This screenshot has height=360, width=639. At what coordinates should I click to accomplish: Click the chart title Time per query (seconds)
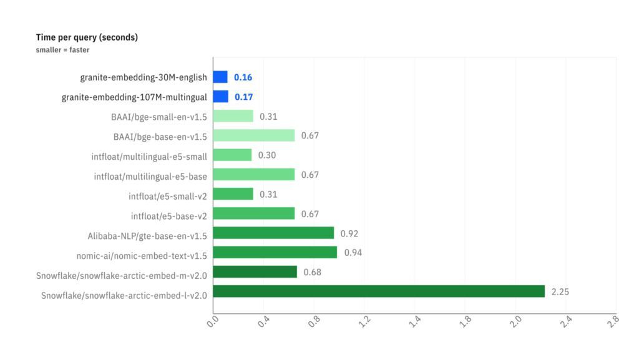click(x=87, y=37)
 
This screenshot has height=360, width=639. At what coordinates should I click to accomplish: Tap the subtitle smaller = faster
click(x=62, y=50)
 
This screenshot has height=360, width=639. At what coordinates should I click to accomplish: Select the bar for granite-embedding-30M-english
click(x=220, y=77)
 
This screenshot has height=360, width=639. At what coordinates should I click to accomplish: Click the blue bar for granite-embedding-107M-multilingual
click(x=221, y=97)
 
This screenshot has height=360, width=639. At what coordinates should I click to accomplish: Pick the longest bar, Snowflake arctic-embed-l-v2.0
click(x=379, y=291)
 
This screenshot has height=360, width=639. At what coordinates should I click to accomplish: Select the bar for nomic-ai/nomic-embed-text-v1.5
click(x=275, y=253)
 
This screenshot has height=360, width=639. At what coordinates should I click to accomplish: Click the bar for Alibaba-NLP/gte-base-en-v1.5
click(x=273, y=233)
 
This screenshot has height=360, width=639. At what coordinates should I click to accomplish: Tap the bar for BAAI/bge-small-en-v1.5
click(x=233, y=116)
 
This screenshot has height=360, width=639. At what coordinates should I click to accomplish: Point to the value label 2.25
click(x=560, y=291)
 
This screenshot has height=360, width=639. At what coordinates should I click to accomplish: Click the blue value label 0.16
click(x=243, y=77)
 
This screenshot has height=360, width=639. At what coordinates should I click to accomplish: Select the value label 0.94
click(x=353, y=253)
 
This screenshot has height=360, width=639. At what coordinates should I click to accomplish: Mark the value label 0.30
click(x=267, y=155)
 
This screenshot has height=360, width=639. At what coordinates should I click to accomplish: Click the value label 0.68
click(x=312, y=272)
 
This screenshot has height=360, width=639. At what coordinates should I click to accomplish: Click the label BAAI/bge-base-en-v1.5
click(x=160, y=136)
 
